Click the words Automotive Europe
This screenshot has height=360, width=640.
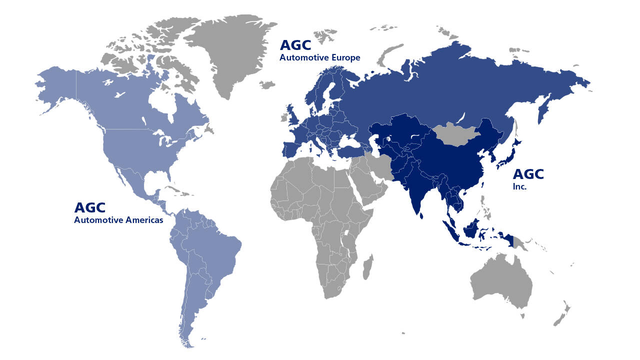click(319, 58)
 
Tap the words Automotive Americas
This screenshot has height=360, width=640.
click(118, 219)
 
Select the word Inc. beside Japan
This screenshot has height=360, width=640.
click(519, 187)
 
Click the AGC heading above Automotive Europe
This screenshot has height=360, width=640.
click(295, 45)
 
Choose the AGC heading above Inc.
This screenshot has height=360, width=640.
click(528, 174)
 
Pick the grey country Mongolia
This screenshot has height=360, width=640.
click(457, 134)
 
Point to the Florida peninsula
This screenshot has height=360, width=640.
click(167, 177)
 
